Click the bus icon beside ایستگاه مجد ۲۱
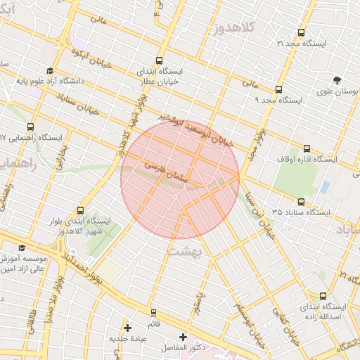coord(302,32)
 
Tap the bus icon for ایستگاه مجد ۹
coord(279,89)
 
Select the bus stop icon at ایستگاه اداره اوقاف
coord(307,148)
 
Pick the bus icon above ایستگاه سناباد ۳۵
coord(301,201)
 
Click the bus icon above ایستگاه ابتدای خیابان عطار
coord(159,60)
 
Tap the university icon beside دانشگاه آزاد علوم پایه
coord(49,70)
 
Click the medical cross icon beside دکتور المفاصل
coord(184,337)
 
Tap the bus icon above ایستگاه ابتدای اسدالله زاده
coord(323,296)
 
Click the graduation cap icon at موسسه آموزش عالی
coord(21,248)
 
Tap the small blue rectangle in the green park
coord(324,187)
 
